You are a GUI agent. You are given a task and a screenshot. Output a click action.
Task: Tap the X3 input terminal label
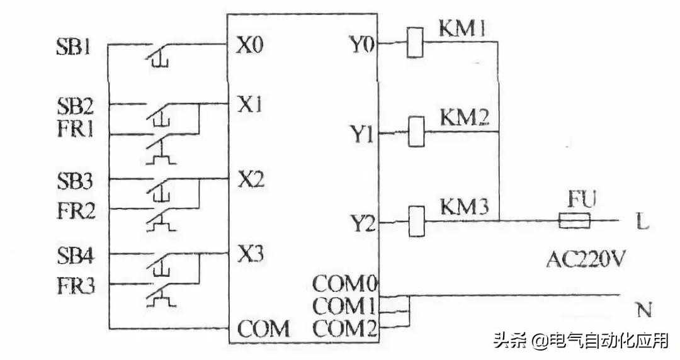pyautogui.click(x=250, y=255)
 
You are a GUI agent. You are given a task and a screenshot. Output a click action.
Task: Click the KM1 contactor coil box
pyautogui.click(x=415, y=43)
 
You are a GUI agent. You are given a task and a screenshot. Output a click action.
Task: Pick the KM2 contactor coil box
pyautogui.click(x=415, y=132)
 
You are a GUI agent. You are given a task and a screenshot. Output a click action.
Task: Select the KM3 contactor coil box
pyautogui.click(x=415, y=222)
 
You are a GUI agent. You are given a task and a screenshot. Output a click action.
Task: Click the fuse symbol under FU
pyautogui.click(x=574, y=221)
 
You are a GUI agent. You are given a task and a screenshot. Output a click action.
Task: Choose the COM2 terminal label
pyautogui.click(x=345, y=328)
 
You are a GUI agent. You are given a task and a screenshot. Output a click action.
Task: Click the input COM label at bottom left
pyautogui.click(x=263, y=329)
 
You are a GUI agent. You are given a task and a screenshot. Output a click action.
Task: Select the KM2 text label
pyautogui.click(x=465, y=118)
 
